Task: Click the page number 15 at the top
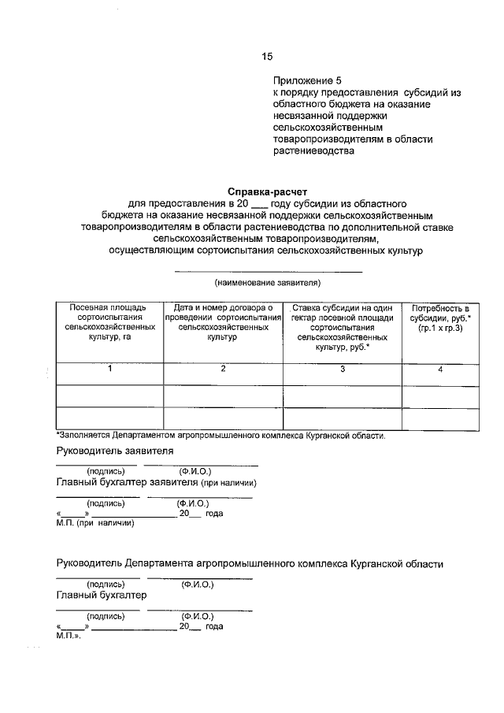click(266, 56)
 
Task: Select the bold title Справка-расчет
click(267, 191)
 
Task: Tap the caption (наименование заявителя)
click(268, 282)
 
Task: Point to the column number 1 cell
click(109, 369)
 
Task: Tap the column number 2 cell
click(223, 369)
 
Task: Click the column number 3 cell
click(343, 369)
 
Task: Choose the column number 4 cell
click(440, 369)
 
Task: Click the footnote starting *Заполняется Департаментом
click(220, 435)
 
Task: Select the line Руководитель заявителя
click(115, 451)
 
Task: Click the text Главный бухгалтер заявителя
click(157, 482)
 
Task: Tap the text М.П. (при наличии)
click(95, 522)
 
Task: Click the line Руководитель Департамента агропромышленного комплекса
click(250, 564)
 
